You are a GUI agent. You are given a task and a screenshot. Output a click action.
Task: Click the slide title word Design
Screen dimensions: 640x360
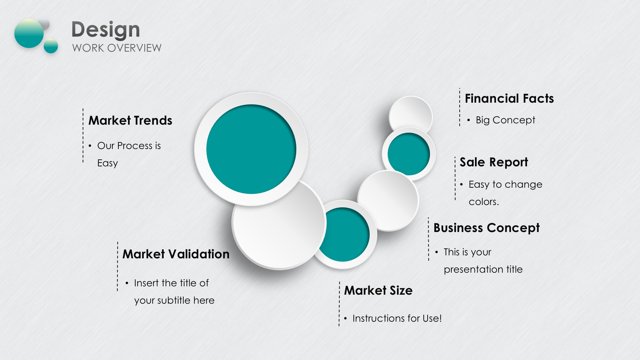click(x=106, y=30)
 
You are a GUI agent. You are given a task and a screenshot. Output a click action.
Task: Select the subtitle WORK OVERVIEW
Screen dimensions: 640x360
click(x=117, y=48)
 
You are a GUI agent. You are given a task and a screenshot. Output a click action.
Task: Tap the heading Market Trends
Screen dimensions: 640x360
click(x=130, y=120)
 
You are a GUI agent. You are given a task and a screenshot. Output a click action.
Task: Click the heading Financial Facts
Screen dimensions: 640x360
click(x=509, y=99)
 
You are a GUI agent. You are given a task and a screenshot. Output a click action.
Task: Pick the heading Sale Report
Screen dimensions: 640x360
click(x=494, y=162)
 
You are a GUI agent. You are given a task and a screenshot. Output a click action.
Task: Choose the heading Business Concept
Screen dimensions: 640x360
click(x=486, y=228)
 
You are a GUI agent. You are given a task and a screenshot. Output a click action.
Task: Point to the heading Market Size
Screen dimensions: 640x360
click(x=378, y=290)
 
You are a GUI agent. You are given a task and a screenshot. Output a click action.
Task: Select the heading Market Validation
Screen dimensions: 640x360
click(x=176, y=254)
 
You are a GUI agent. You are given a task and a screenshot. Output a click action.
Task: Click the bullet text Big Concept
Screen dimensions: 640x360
click(x=505, y=120)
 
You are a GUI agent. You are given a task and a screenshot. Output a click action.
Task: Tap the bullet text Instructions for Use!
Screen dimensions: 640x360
click(x=397, y=318)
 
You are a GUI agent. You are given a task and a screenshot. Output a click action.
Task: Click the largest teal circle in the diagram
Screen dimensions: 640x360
click(x=251, y=149)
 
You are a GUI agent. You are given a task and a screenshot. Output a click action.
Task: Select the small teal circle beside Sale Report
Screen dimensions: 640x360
click(x=409, y=154)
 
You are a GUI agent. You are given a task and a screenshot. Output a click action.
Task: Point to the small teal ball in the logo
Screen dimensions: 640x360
click(x=51, y=46)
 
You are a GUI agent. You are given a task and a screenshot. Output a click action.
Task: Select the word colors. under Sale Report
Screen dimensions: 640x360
click(x=484, y=202)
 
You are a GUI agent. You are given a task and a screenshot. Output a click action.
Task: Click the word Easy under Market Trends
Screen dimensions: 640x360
click(x=108, y=163)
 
